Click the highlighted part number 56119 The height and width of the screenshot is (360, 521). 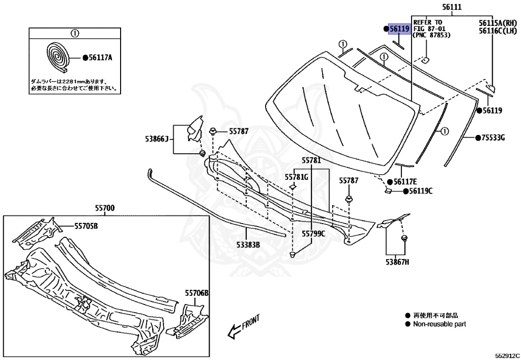pos(399,29)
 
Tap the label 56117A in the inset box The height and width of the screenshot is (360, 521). pos(100,58)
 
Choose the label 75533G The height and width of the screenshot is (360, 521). pos(494,137)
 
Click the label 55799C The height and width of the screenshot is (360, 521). pos(313,234)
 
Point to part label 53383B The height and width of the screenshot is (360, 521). pos(248,244)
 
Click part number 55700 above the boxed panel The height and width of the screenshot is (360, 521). pos(105,208)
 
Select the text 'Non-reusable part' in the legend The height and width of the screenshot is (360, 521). pos(439,324)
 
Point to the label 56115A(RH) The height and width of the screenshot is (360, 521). pos(498,23)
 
